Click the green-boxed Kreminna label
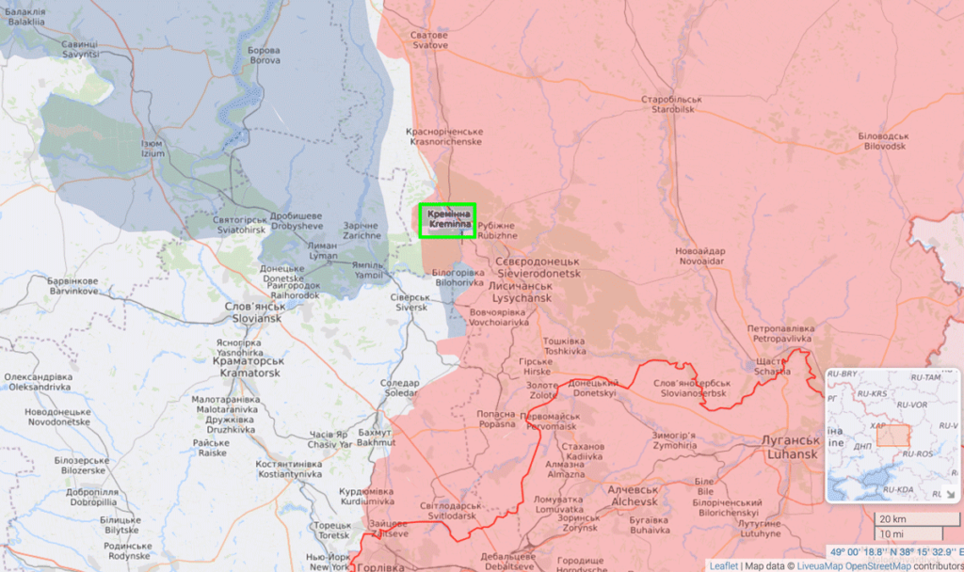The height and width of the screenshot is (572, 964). [x=448, y=220]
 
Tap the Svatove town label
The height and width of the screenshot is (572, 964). [x=428, y=40]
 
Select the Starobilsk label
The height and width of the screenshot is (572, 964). [x=672, y=103]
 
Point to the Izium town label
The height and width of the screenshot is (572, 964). [x=152, y=149]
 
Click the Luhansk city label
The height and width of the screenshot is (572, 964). [x=789, y=447]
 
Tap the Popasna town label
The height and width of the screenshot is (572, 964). [x=496, y=419]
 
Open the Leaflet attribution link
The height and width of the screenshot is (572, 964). [x=723, y=565]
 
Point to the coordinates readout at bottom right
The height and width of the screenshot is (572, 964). [x=895, y=552]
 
